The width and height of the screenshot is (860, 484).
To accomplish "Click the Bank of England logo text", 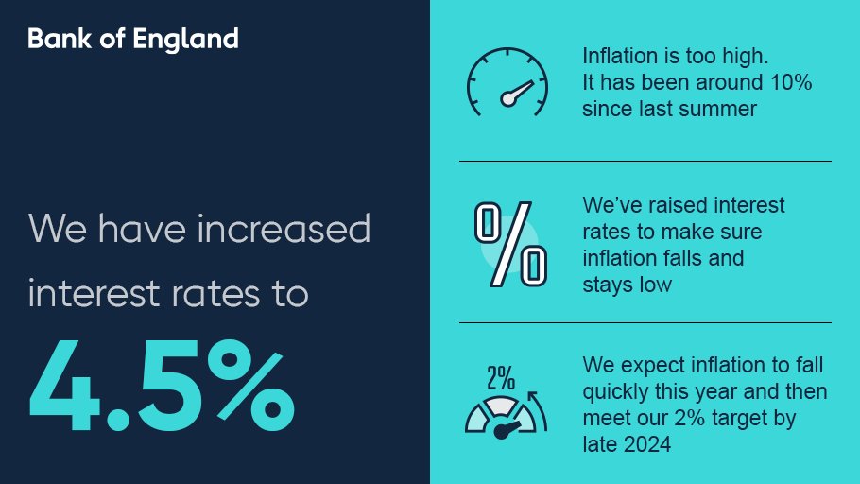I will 132,39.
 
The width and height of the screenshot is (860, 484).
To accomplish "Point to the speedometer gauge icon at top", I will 507,82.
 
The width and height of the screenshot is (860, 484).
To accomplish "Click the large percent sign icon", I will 510,245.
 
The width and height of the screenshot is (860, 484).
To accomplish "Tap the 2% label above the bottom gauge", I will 500,378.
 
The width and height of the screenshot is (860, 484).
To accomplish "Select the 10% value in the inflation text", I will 791,82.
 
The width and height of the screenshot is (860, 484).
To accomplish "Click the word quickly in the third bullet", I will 618,391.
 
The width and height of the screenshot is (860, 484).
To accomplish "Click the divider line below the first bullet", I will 645,162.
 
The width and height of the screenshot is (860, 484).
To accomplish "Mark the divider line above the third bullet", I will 645,322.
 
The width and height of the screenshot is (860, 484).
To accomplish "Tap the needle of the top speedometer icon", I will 519,92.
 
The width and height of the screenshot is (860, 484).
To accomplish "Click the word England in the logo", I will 195,39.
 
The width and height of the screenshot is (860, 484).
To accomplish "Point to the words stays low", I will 628,283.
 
